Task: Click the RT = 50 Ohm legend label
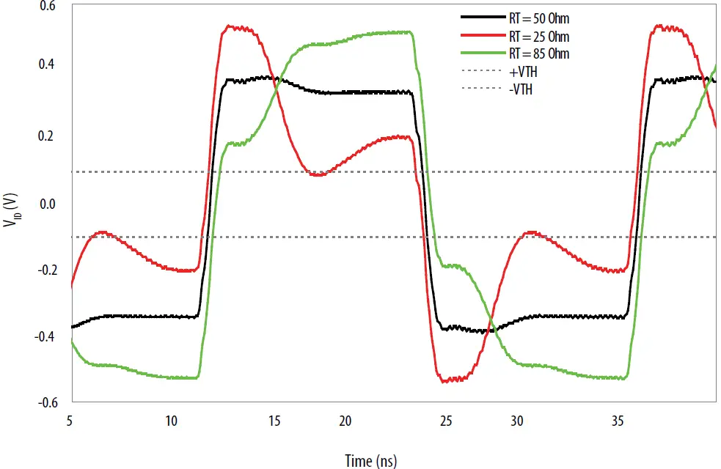tap(538, 18)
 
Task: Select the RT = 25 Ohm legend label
tap(538, 36)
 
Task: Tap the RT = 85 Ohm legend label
tap(538, 53)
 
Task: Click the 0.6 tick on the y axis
tap(47, 7)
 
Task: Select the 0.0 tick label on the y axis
tap(47, 204)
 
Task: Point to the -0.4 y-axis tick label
tap(45, 336)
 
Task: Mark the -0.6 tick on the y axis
tap(45, 402)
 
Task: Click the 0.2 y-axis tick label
tap(47, 136)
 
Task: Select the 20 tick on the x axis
tap(345, 421)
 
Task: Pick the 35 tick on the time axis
tap(621, 421)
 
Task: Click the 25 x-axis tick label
tap(447, 421)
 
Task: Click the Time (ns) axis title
tap(372, 459)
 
